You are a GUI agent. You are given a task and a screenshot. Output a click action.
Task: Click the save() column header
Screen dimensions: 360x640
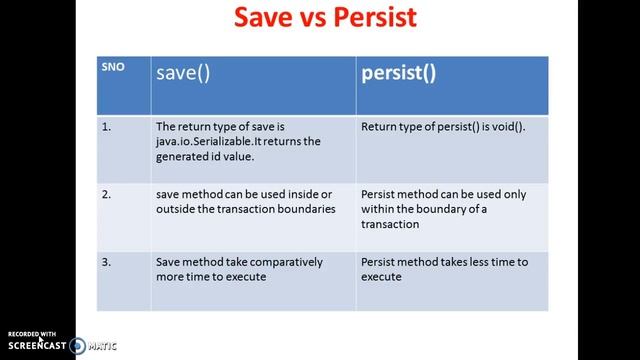(x=181, y=73)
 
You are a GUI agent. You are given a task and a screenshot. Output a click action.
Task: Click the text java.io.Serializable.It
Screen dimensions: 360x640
(x=219, y=141)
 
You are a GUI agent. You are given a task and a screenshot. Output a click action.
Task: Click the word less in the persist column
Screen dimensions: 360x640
(x=479, y=262)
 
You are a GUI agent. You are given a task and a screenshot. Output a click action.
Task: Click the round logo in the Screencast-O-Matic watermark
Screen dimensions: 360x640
(x=77, y=346)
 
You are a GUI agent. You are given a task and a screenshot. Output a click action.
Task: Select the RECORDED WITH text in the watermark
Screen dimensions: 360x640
(x=33, y=334)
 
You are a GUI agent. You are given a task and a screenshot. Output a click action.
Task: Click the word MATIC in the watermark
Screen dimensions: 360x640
(x=102, y=346)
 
